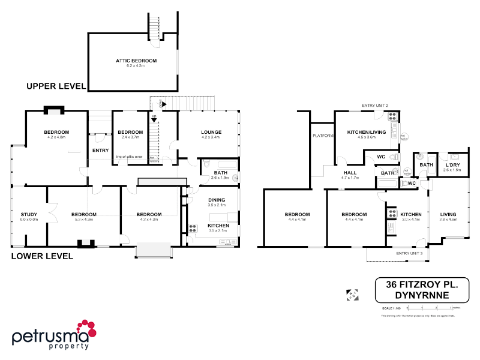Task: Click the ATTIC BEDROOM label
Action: (x=136, y=61)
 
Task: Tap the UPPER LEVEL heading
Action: (x=56, y=86)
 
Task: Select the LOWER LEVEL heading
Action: (x=42, y=256)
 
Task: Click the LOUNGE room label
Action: (x=211, y=132)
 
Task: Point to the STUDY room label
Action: (x=29, y=214)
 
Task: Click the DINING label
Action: (x=217, y=200)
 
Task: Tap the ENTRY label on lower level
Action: (x=100, y=150)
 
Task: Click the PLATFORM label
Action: (x=322, y=136)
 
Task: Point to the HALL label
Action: (x=349, y=172)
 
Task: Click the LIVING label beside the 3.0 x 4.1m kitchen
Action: (x=448, y=214)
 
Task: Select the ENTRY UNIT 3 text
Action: (x=409, y=253)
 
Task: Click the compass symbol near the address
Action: (x=352, y=294)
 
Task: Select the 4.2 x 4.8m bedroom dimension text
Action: (x=56, y=137)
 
